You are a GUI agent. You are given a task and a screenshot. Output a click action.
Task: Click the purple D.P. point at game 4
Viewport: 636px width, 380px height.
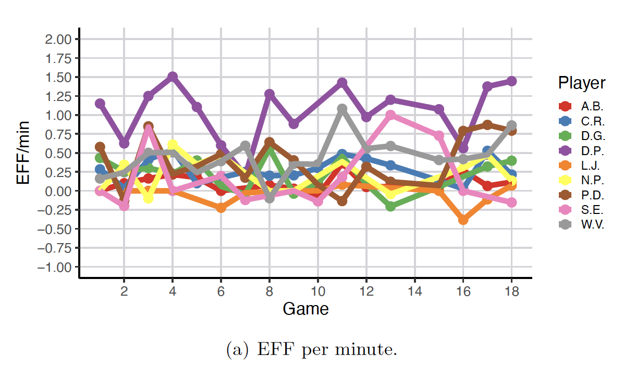tap(173, 77)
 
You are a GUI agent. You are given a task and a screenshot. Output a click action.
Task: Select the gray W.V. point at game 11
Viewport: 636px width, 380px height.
tap(342, 109)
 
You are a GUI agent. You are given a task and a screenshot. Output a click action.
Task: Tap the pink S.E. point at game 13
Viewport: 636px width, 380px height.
tap(390, 115)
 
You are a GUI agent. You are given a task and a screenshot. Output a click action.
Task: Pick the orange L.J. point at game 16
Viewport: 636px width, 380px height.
tap(463, 220)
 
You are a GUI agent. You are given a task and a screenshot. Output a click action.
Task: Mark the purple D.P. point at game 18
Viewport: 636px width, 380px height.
tap(511, 81)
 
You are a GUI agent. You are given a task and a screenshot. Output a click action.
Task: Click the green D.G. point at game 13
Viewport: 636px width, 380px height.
tap(390, 206)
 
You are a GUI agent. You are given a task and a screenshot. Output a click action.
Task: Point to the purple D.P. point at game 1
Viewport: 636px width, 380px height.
tap(100, 104)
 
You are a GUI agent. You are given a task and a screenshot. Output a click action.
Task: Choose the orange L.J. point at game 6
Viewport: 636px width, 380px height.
tap(221, 208)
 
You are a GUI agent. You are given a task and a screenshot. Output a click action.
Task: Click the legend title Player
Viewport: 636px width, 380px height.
tap(581, 83)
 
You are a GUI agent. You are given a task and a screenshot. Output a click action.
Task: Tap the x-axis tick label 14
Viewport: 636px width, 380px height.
tap(414, 292)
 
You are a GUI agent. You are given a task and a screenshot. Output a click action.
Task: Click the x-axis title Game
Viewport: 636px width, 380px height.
tap(305, 309)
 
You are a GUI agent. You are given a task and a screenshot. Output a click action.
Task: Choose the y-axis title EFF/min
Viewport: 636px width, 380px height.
tap(23, 153)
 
